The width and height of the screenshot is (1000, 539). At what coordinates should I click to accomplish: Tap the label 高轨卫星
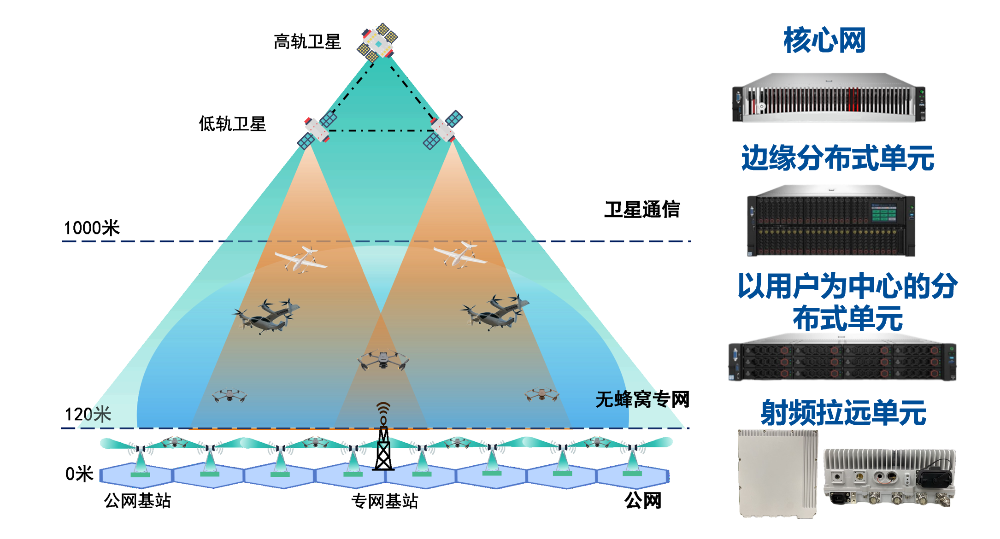[307, 42]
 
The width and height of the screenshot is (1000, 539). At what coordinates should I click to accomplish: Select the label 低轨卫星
[232, 124]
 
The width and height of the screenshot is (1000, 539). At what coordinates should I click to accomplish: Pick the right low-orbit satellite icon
[443, 129]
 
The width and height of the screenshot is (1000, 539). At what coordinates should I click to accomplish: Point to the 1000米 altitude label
[92, 228]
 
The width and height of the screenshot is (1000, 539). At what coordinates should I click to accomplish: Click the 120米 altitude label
[88, 414]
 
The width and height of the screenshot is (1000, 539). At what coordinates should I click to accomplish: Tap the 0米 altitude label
[79, 474]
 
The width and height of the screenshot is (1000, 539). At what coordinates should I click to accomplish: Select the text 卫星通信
[642, 210]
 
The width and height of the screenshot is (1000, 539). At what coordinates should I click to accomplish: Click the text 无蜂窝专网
[642, 399]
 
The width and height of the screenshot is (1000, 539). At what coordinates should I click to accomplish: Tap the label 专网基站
[384, 501]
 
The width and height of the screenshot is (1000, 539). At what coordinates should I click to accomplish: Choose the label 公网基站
[137, 500]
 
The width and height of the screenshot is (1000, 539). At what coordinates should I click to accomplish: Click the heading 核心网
[824, 40]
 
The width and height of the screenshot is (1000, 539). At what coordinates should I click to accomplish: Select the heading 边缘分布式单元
[838, 158]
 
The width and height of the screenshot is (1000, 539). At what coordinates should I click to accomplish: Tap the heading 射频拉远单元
[843, 413]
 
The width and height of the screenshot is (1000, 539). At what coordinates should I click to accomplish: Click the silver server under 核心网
[829, 97]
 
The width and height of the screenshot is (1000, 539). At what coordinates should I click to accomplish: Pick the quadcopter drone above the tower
[383, 359]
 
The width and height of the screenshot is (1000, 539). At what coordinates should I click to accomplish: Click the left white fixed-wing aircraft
[301, 260]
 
